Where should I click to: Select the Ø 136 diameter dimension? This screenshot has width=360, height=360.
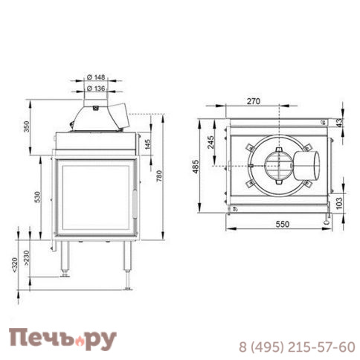[x=97, y=88]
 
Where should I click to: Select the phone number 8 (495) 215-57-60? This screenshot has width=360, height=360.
[x=296, y=347]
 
